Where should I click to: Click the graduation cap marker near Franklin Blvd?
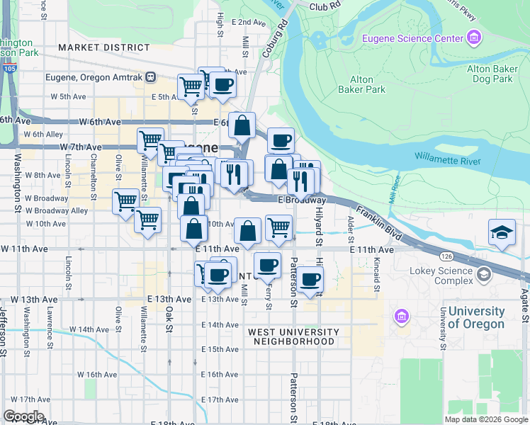pos(501,232)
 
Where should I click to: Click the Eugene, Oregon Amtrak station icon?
pos(150,76)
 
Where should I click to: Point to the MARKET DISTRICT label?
pos(104,47)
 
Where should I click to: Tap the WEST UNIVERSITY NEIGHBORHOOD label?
pos(291,336)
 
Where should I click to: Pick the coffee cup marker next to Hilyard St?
pos(309,278)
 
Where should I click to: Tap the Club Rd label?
pos(325,6)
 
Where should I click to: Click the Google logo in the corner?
pos(23,416)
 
